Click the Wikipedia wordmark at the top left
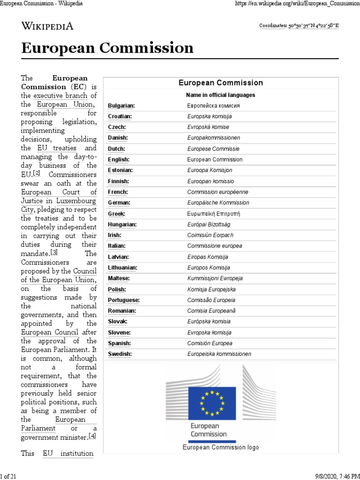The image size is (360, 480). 47,26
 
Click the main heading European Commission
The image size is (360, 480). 107,48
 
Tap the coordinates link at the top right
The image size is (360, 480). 299,26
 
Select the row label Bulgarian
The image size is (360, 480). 121,105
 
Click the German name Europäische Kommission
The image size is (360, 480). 218,203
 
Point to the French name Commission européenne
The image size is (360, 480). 217,192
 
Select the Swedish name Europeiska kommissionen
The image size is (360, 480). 219,354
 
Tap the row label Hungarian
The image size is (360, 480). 122,225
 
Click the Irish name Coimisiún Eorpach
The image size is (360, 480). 210,235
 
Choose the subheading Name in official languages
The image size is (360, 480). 221,95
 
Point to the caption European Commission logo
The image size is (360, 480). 220,447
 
